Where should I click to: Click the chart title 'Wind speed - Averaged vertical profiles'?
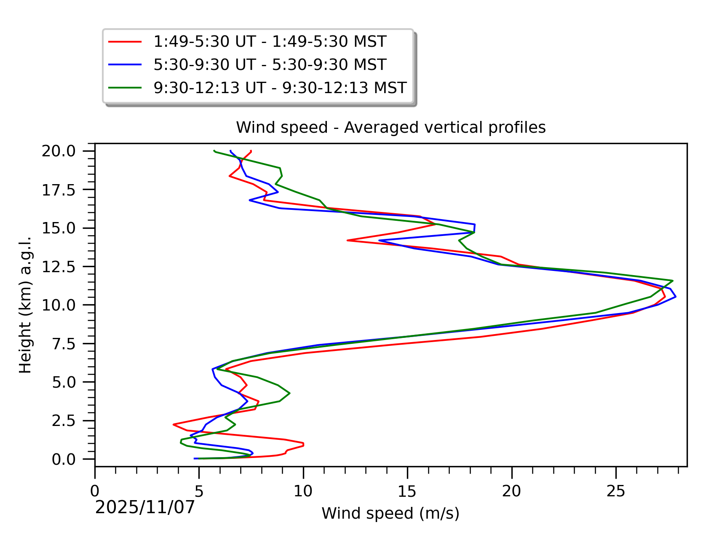click(390, 127)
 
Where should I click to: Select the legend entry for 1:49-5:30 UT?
click(270, 42)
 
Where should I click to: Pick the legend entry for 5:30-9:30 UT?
click(270, 64)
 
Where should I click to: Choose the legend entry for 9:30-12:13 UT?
click(280, 88)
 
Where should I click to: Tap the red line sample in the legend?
click(125, 42)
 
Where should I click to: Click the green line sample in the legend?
click(125, 88)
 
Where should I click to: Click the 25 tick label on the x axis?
click(616, 491)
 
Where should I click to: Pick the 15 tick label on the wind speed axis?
click(407, 491)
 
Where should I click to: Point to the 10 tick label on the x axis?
click(303, 491)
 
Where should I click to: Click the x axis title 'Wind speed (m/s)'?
click(390, 513)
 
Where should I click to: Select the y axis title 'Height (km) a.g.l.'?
click(26, 305)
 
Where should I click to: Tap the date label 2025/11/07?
click(145, 507)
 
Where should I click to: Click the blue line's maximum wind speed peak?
click(676, 297)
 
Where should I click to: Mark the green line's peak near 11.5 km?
click(673, 281)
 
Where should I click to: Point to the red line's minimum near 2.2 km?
click(174, 424)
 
